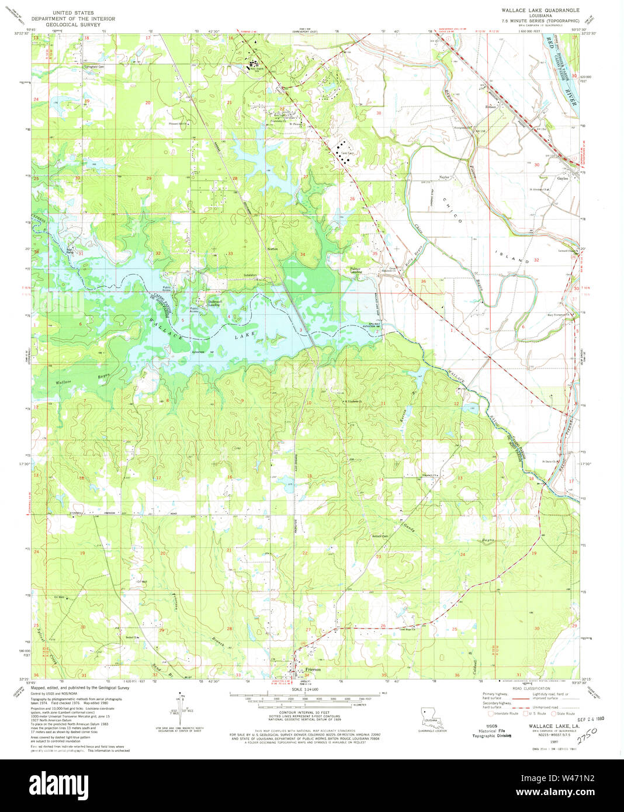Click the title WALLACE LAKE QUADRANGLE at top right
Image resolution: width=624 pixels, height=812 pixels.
[x=540, y=11]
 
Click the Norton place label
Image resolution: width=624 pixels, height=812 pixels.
[x=272, y=249]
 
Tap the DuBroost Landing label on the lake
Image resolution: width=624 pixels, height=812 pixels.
[x=214, y=303]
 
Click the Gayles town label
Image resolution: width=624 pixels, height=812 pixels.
[x=562, y=179]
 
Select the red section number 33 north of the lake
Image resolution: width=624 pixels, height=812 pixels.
[x=230, y=254]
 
